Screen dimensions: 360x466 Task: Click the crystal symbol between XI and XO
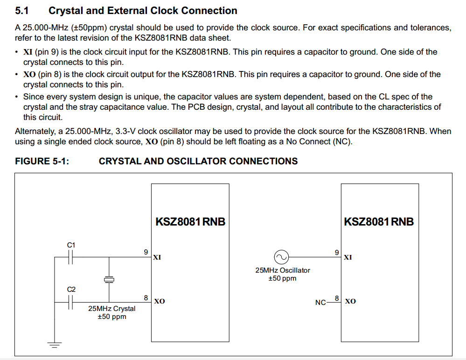pyautogui.click(x=109, y=279)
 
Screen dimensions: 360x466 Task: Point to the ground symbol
pyautogui.click(x=55, y=346)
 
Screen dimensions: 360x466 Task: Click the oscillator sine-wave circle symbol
pyautogui.click(x=281, y=257)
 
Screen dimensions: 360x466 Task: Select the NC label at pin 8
pyautogui.click(x=320, y=303)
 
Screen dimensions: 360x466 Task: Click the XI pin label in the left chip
pyautogui.click(x=157, y=257)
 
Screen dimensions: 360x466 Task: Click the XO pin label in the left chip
pyautogui.click(x=159, y=301)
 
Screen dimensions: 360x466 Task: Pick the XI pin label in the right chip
pyautogui.click(x=348, y=257)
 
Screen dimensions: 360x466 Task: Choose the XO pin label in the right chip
pyautogui.click(x=350, y=301)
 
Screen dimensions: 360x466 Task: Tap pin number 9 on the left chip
pyautogui.click(x=146, y=252)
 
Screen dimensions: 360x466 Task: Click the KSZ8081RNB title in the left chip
pyautogui.click(x=190, y=221)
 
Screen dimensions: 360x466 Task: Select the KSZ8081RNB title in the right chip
pyautogui.click(x=379, y=221)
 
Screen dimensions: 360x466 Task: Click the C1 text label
pyautogui.click(x=71, y=245)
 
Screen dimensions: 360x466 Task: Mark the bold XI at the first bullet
pyautogui.click(x=28, y=52)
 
